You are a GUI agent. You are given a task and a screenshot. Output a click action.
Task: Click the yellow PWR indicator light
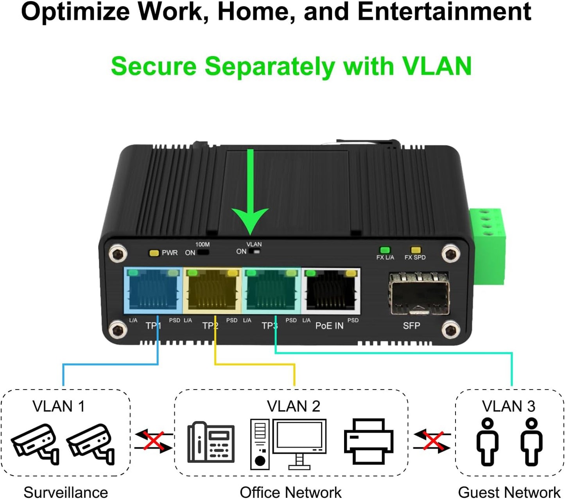(154, 253)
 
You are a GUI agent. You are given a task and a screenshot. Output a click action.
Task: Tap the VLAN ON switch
(254, 252)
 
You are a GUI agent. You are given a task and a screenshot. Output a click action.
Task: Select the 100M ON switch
(203, 252)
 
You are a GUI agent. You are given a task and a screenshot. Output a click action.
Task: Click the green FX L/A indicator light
(385, 250)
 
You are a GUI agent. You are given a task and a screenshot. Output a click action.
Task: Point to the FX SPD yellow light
(416, 250)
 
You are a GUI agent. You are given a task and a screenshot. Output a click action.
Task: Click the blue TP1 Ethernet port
(153, 291)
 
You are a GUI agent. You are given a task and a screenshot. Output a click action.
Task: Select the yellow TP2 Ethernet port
(212, 291)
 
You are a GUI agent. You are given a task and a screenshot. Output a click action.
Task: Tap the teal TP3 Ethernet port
(272, 291)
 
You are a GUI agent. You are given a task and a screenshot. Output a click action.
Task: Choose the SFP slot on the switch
(419, 294)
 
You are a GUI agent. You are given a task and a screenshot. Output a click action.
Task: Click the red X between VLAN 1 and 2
(153, 440)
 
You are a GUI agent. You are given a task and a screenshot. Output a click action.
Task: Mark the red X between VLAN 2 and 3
(432, 441)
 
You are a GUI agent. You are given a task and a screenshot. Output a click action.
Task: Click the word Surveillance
(66, 492)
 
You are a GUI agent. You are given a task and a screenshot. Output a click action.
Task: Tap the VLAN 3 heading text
(508, 406)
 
